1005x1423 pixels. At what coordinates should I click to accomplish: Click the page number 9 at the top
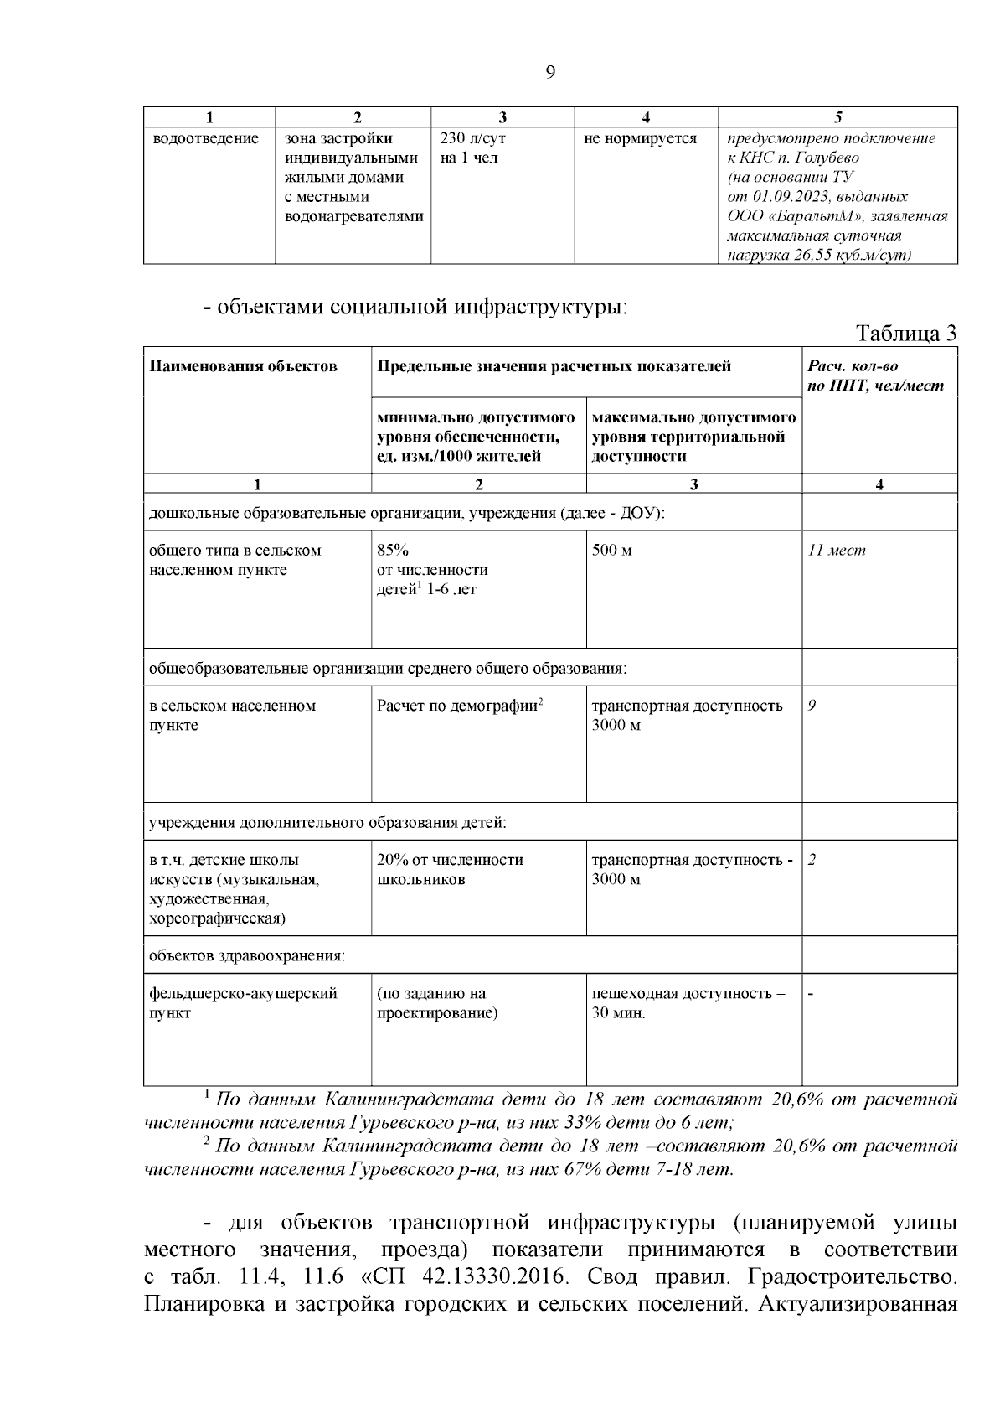549,72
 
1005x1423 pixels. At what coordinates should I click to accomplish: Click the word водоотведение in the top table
206,138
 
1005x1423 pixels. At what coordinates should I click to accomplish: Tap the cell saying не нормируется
640,138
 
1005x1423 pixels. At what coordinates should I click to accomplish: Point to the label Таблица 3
906,334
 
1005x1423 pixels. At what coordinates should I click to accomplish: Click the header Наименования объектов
243,366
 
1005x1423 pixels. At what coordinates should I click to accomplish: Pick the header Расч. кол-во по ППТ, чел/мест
875,375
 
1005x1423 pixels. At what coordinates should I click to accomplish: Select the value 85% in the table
393,551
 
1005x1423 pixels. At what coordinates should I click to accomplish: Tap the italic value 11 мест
837,551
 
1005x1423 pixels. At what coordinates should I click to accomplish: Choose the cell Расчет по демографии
460,706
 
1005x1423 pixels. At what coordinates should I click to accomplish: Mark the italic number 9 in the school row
812,706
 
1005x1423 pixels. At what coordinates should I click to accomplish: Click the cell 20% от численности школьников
450,870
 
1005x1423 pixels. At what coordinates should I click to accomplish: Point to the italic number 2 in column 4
812,860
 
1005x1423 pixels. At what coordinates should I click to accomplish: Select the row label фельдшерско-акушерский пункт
243,1003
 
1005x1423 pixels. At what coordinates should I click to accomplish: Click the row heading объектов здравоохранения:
247,955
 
